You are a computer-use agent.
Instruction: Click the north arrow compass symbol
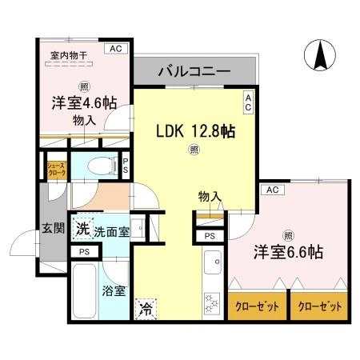coord(320,55)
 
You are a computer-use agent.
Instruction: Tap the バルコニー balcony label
coord(194,71)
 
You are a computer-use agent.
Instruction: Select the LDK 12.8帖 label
coord(195,131)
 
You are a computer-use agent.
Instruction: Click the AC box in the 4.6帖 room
coord(116,49)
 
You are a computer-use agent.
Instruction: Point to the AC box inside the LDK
coord(248,102)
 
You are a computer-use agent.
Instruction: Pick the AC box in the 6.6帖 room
coord(273,190)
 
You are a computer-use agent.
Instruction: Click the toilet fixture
coord(102,166)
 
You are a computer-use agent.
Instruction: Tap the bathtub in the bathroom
coord(84,291)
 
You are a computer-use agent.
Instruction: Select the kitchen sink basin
coord(213,262)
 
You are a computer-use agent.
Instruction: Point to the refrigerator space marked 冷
coord(146,309)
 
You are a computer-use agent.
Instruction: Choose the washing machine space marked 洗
coord(82,229)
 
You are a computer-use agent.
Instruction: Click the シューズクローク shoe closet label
coord(57,170)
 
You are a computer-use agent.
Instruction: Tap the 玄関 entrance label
coord(54,228)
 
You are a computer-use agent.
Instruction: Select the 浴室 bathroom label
coord(114,291)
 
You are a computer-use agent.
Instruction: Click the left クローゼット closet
coord(257,306)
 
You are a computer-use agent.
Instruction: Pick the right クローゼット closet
coord(319,306)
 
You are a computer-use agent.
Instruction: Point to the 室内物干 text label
coord(69,56)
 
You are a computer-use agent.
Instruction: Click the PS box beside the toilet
coord(126,166)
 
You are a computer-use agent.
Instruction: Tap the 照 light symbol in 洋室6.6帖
coord(288,236)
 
